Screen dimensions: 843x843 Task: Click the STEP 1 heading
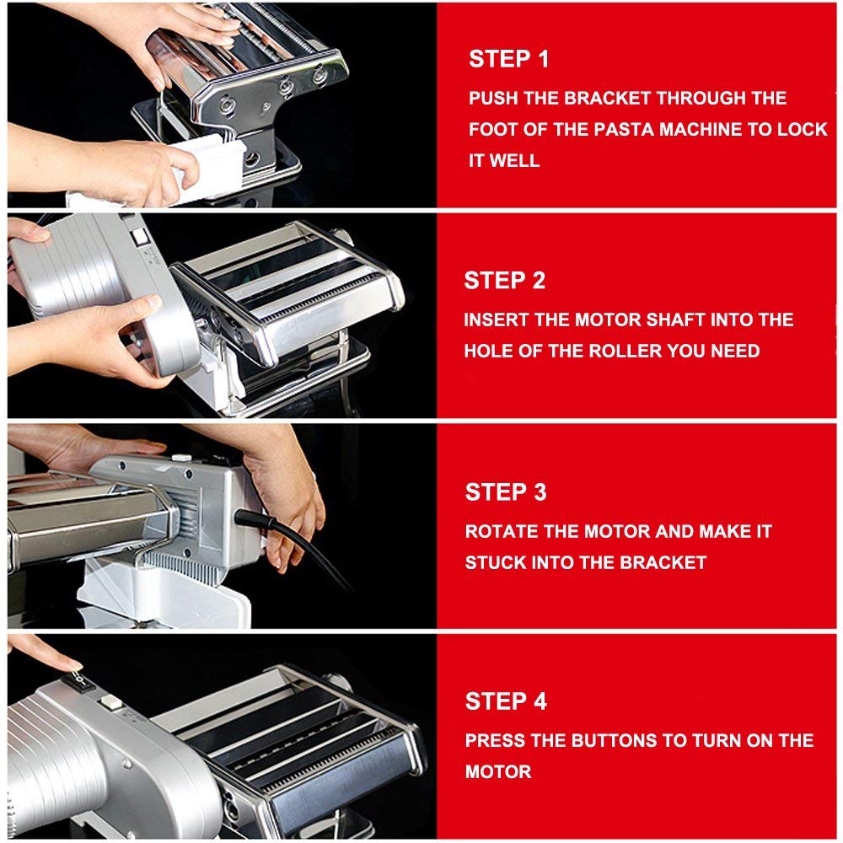coord(508,59)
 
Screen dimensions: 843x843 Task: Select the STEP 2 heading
coord(504,281)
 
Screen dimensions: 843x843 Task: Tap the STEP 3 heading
coord(505,492)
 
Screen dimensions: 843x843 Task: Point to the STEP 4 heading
coord(505,701)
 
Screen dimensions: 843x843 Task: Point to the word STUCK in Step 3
coord(494,562)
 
